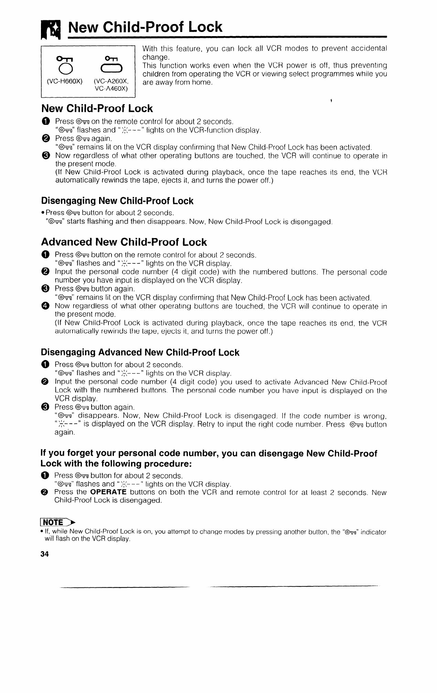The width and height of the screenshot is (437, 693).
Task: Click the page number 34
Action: pyautogui.click(x=45, y=554)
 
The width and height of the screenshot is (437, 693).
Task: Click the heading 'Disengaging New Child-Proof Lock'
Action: pyautogui.click(x=117, y=201)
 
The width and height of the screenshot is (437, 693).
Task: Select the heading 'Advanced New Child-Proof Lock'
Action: pyautogui.click(x=124, y=242)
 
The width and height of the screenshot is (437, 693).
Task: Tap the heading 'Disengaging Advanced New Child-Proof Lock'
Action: pyautogui.click(x=140, y=353)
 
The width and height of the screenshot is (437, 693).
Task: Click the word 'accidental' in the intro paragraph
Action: pyautogui.click(x=369, y=48)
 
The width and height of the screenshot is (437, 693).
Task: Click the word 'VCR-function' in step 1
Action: pyautogui.click(x=211, y=130)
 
